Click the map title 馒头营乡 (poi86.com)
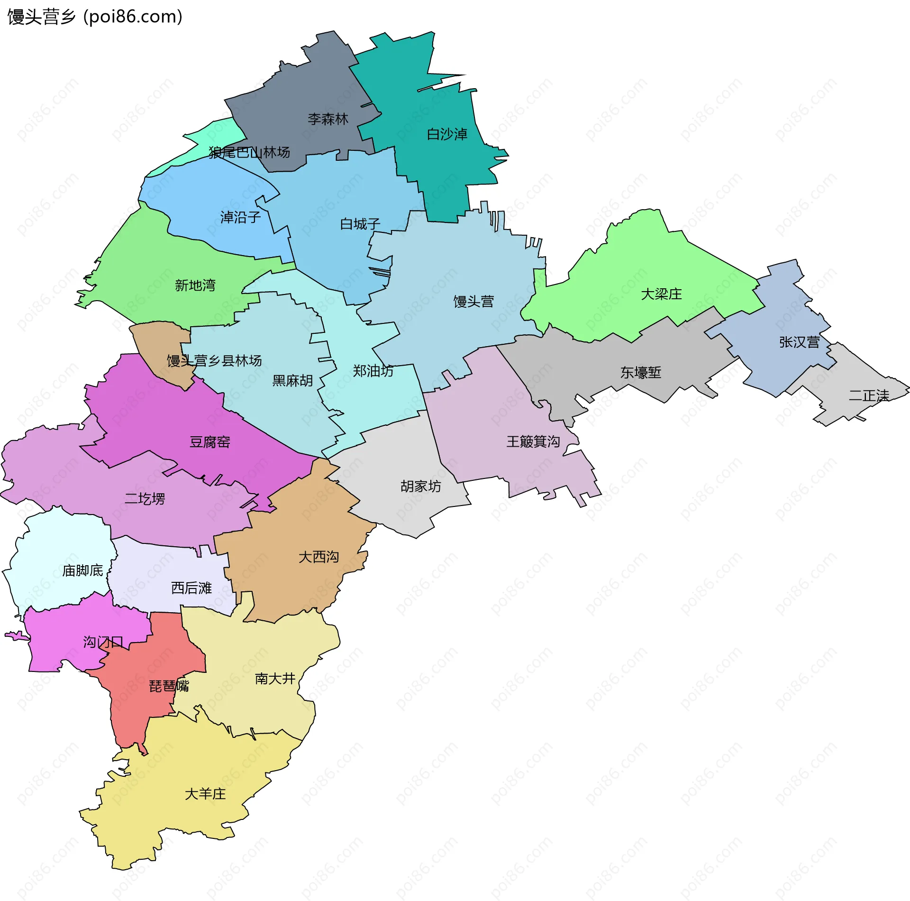(95, 17)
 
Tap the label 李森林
(328, 119)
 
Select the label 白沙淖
(447, 135)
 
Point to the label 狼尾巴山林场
(249, 153)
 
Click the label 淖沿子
(240, 218)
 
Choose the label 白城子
(360, 224)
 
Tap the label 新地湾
(195, 285)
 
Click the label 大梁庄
(661, 294)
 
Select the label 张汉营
(799, 342)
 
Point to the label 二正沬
(869, 395)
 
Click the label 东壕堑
(641, 373)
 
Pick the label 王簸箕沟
(533, 442)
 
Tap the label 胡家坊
(420, 487)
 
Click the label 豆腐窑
(210, 442)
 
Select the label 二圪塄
(145, 499)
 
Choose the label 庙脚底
(82, 571)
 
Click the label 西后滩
(191, 588)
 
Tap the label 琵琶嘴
(169, 686)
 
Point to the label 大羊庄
(205, 794)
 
